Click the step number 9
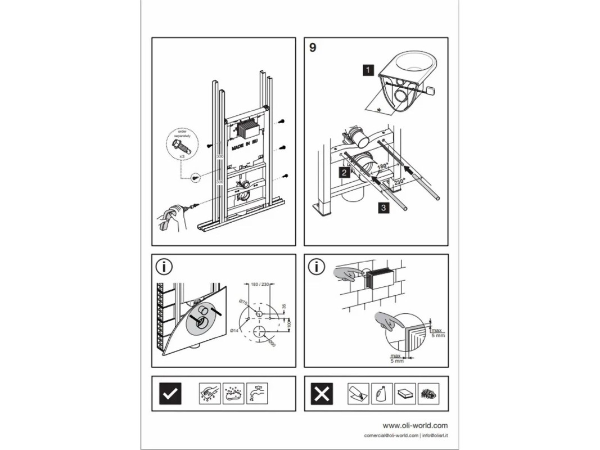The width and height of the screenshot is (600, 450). (x=313, y=48)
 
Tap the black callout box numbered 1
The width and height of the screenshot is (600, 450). (x=368, y=70)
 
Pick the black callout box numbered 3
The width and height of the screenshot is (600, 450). (x=383, y=208)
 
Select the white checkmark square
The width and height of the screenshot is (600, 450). (x=170, y=393)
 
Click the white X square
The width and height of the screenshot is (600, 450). (x=322, y=393)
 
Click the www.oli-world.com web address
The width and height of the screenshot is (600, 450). (x=415, y=426)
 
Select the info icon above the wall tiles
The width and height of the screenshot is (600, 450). (x=316, y=267)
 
